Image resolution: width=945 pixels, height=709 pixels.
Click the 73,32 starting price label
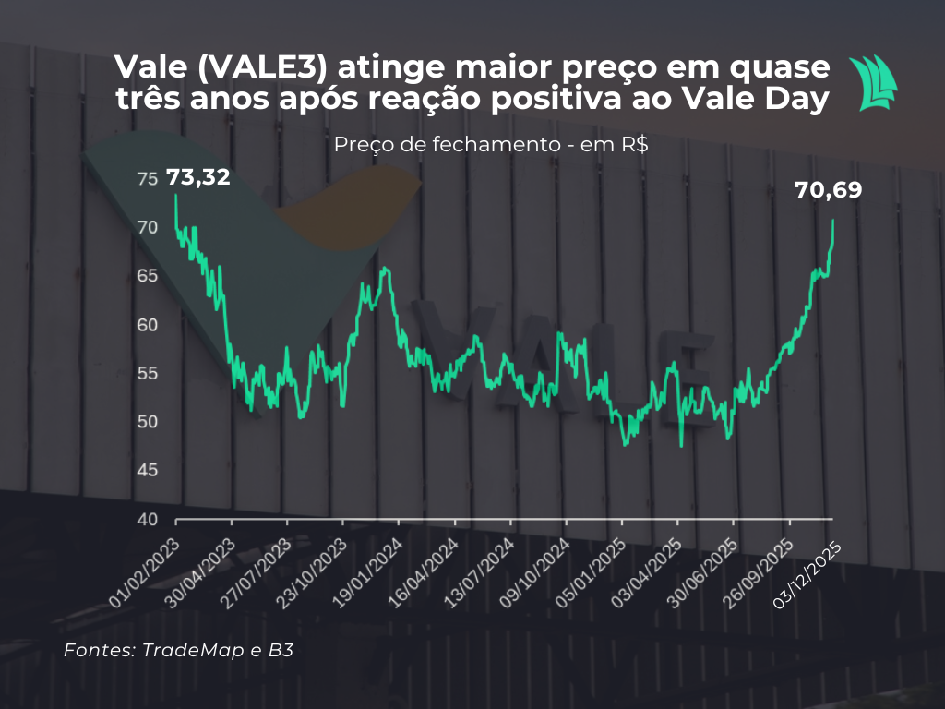pyautogui.click(x=197, y=177)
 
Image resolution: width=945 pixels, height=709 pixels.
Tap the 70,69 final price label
pyautogui.click(x=828, y=190)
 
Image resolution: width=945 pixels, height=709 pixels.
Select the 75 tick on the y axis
pyautogui.click(x=148, y=179)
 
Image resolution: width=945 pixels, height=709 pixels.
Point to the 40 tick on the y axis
pyautogui.click(x=148, y=519)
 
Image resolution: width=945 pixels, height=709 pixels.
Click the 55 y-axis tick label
pyautogui.click(x=148, y=374)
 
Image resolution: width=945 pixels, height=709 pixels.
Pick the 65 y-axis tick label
pyautogui.click(x=148, y=276)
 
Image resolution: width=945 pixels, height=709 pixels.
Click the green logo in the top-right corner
pyautogui.click(x=872, y=83)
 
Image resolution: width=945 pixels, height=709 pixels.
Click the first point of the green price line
pyautogui.click(x=176, y=195)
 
